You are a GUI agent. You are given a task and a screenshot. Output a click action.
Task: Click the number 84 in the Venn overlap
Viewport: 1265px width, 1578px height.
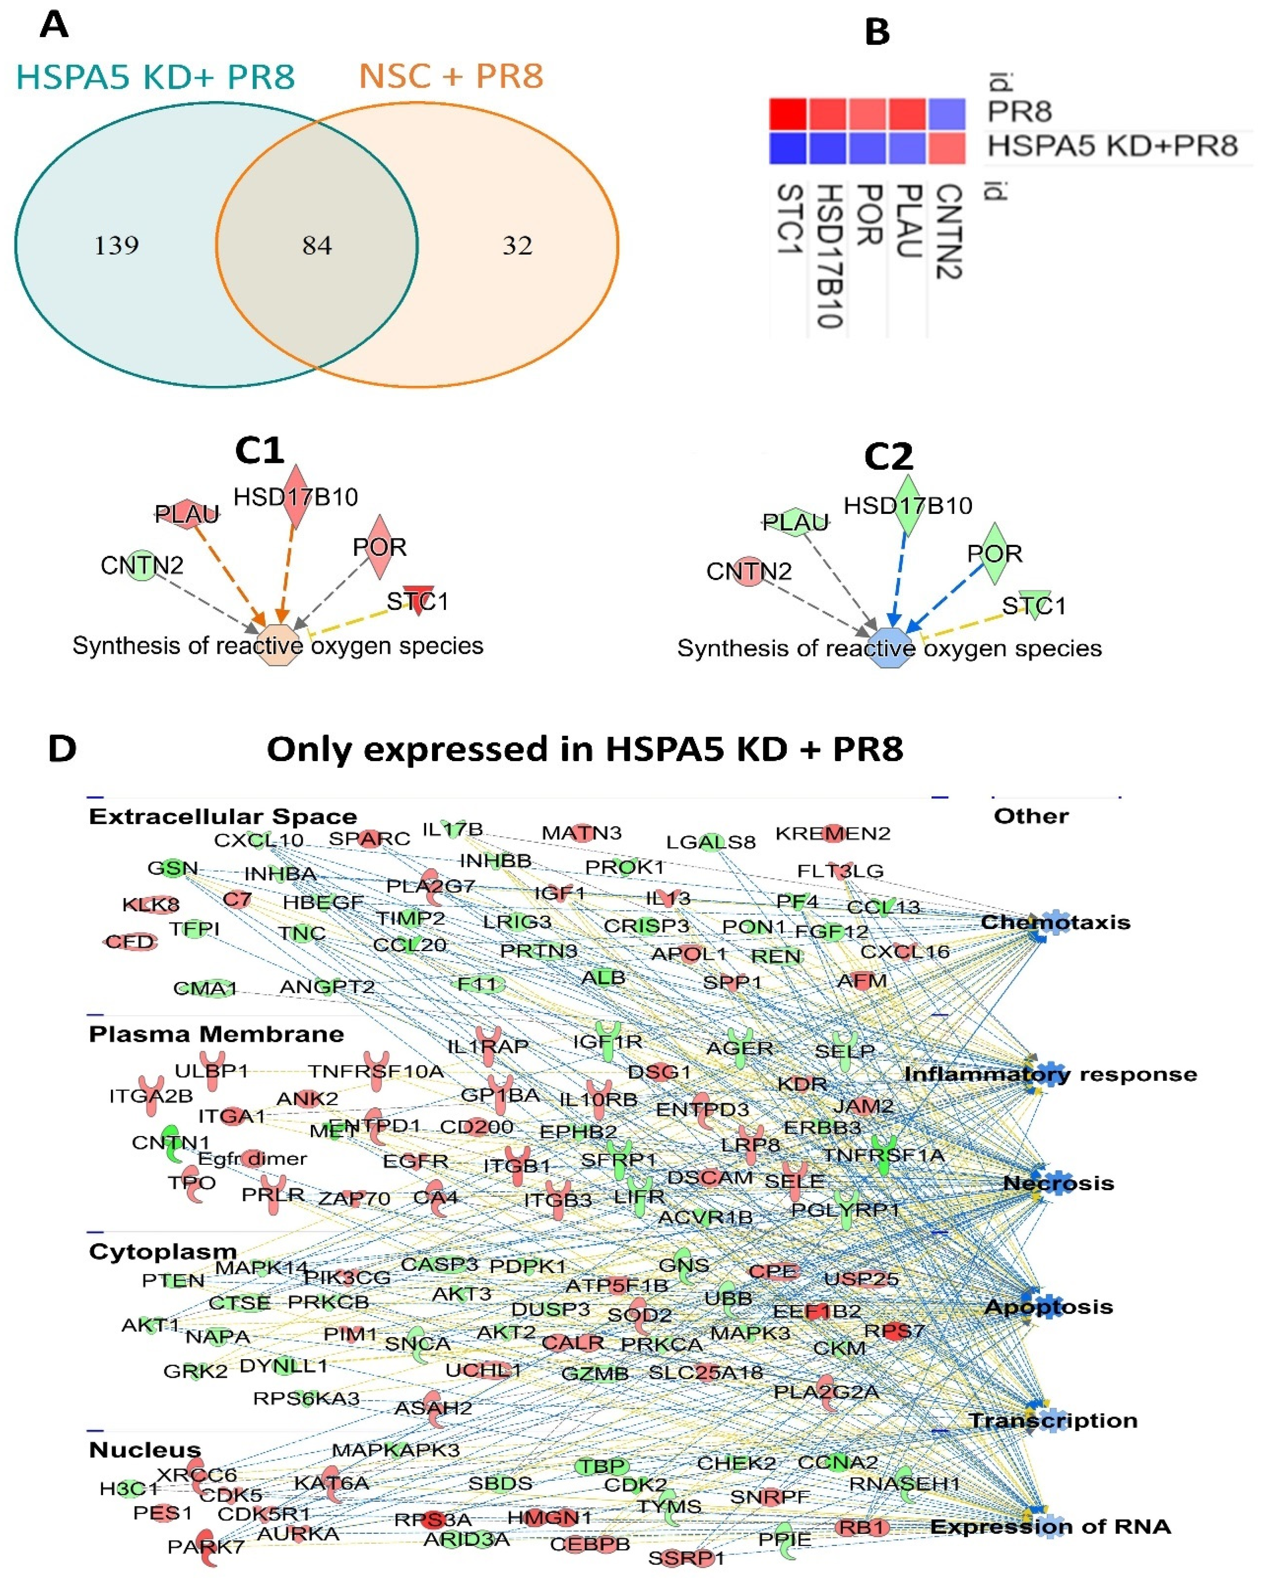pyautogui.click(x=317, y=245)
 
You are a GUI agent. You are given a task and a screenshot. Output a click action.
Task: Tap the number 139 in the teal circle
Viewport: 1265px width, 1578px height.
pyautogui.click(x=117, y=245)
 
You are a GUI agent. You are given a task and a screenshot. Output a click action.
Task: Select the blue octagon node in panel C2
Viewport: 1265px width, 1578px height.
pyautogui.click(x=891, y=648)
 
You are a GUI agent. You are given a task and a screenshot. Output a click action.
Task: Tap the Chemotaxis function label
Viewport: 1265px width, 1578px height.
pyautogui.click(x=1055, y=922)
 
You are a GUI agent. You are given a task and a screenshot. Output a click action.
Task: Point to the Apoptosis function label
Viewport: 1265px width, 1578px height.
pyautogui.click(x=1049, y=1307)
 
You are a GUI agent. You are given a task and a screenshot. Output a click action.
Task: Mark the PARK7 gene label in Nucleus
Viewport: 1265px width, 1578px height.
pyautogui.click(x=196, y=1546)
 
